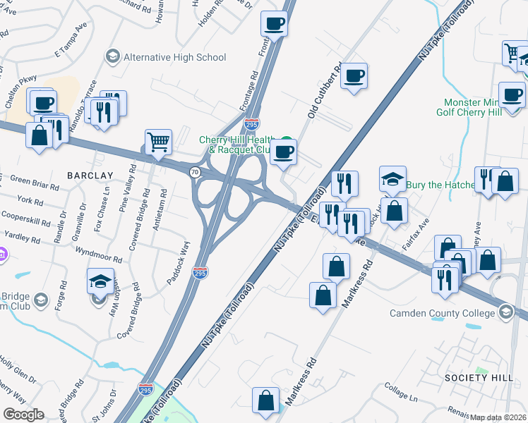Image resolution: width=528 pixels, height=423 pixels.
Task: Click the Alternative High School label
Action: point(174,56)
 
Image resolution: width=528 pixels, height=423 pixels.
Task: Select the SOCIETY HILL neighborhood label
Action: point(479,378)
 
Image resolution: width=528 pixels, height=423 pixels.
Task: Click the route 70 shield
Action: point(194,171)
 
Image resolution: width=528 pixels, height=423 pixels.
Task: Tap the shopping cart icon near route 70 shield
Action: point(159,141)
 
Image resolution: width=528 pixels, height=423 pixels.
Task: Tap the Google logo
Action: point(23,415)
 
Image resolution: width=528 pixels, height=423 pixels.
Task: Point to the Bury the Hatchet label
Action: point(443,185)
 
